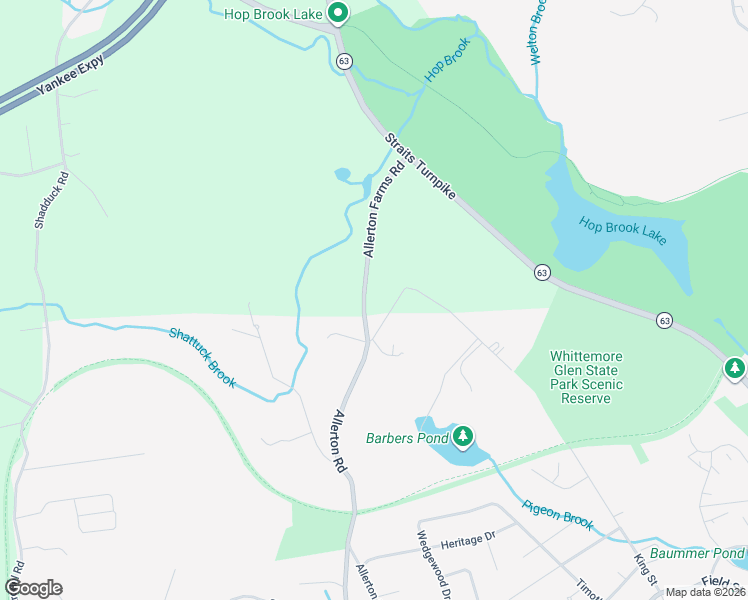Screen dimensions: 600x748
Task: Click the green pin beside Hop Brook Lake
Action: [338, 13]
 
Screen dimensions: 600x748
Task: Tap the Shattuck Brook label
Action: [202, 358]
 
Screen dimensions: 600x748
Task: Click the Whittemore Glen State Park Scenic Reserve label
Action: [586, 377]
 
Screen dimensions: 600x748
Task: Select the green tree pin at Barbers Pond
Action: [462, 436]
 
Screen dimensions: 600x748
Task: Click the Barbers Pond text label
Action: [406, 438]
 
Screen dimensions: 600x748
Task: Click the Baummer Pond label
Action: [696, 553]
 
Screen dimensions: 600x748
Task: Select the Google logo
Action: [33, 588]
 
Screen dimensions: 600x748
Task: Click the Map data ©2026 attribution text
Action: [705, 592]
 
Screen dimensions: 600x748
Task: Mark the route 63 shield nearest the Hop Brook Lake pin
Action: [344, 61]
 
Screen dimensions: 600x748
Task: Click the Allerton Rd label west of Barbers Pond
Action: [340, 440]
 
